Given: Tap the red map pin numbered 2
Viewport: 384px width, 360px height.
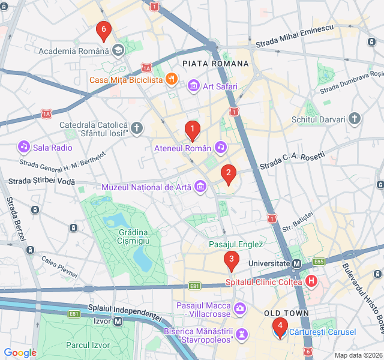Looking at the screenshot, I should coord(228,175).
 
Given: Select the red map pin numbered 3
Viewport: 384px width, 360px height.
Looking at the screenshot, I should coord(231,260).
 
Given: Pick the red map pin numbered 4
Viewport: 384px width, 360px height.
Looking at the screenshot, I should coord(280,326).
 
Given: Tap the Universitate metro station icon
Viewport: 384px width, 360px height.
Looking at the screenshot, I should coord(296,263).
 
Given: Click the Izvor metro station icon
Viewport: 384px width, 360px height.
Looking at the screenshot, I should coord(118,321).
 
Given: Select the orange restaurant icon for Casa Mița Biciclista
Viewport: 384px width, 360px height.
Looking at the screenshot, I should coord(171,79).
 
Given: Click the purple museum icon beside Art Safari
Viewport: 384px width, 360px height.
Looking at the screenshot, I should coord(193,86).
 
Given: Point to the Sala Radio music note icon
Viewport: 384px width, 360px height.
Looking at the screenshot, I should coord(23,147).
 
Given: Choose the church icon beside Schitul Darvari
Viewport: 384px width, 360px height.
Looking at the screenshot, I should coord(355,119).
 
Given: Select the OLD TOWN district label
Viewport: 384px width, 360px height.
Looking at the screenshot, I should coord(286,313).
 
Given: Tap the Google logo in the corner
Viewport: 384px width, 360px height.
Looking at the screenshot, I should coord(20,353).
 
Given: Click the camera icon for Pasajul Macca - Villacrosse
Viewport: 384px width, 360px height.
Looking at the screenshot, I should coord(240,309).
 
